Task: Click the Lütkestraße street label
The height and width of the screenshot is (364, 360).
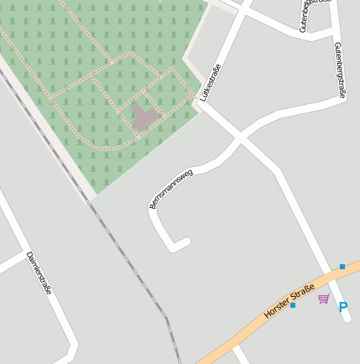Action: [211, 82]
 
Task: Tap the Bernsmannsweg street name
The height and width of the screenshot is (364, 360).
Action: [171, 189]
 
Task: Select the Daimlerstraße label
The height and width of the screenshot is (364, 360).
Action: [39, 273]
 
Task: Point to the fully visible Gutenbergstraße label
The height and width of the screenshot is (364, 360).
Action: [339, 71]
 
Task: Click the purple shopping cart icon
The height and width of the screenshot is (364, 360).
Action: [323, 299]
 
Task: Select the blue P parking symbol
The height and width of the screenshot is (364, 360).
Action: [342, 308]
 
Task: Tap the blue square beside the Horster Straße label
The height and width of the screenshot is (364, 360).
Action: [293, 305]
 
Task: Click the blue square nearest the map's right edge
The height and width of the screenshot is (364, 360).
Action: [342, 267]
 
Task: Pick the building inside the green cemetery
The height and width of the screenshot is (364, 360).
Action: [143, 117]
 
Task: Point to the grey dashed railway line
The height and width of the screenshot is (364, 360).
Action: [126, 252]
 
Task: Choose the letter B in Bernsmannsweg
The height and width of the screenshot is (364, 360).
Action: [153, 205]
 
